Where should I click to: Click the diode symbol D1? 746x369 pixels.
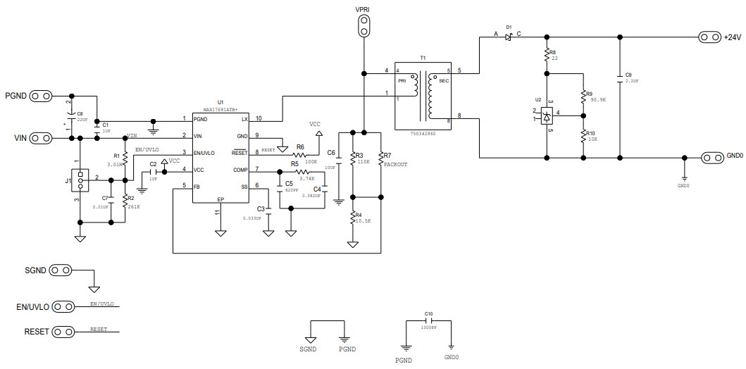coord(509,37)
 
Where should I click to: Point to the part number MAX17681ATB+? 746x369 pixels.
coord(220,110)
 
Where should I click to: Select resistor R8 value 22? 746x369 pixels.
coord(554,59)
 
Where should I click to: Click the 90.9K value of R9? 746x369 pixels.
coord(598,101)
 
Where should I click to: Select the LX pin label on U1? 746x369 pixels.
coord(244,118)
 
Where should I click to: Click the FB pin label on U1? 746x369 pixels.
coord(197,187)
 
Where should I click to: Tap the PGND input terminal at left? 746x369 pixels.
coord(42,96)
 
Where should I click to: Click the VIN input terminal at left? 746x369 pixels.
coord(42,137)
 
